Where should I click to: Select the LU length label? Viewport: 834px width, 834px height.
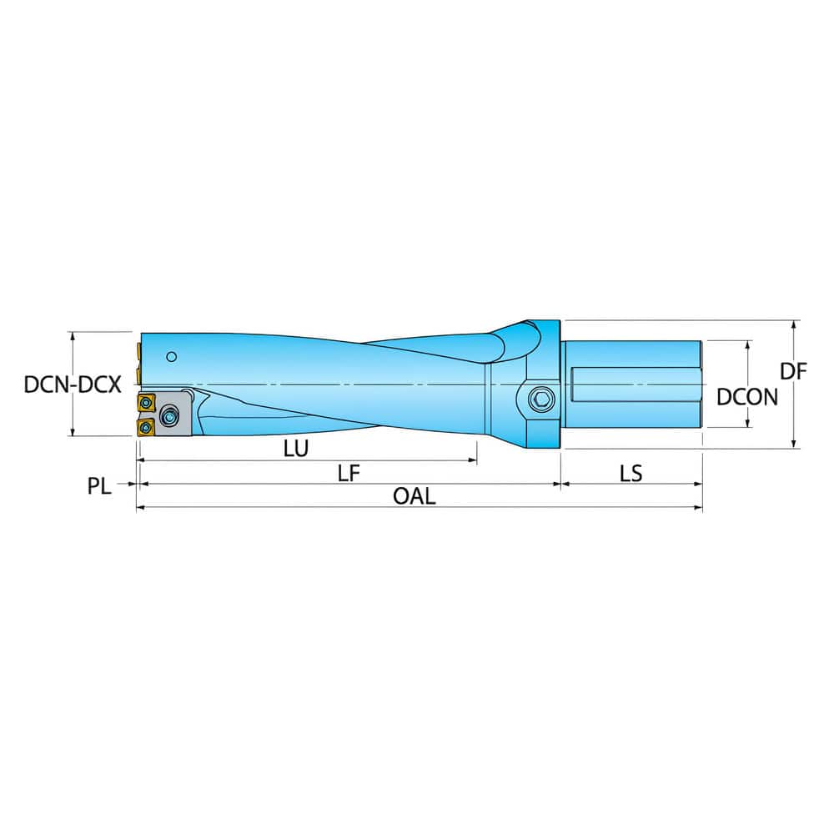point(295,449)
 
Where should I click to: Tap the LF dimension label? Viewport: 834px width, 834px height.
point(349,473)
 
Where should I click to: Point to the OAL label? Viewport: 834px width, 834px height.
point(414,496)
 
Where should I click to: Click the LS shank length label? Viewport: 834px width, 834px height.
point(631,473)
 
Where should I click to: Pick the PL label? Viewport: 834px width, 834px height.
point(99,485)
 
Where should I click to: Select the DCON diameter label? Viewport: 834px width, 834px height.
point(747,397)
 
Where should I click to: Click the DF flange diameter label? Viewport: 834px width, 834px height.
point(794,372)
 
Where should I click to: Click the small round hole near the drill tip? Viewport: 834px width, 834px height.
point(171,357)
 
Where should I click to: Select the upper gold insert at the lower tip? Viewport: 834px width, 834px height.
point(147,404)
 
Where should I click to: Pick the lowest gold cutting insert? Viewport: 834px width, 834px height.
point(144,427)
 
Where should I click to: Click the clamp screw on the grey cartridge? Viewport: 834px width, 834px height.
point(171,415)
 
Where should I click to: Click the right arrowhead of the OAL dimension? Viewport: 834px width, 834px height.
point(698,507)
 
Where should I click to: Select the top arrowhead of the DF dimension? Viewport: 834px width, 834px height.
point(793,324)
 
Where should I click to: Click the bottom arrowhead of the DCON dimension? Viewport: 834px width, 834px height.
point(749,423)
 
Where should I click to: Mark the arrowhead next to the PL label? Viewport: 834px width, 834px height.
point(131,484)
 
